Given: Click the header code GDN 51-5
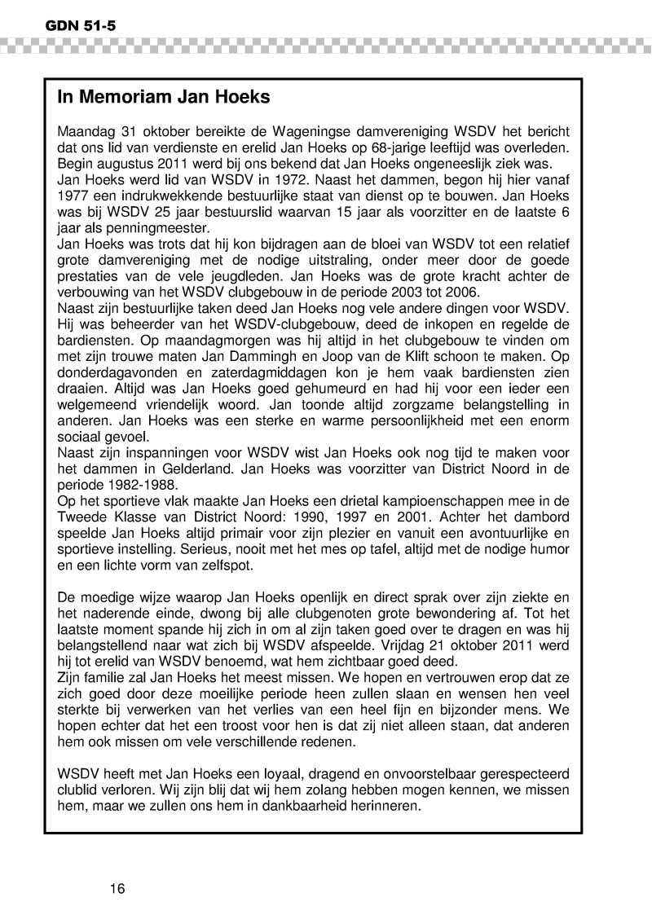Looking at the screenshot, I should tap(70, 27).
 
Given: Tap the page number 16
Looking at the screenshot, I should tap(117, 889).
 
